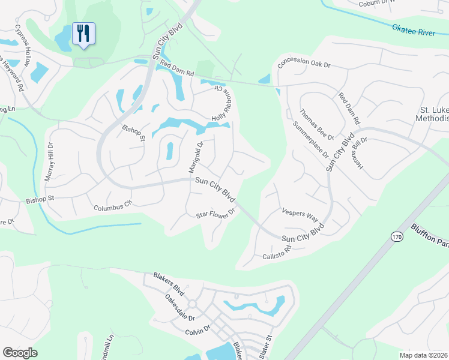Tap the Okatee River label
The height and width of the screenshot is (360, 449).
(412, 31)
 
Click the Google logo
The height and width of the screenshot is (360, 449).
(20, 353)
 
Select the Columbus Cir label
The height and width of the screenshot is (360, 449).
(112, 206)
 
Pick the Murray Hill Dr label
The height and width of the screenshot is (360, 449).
(49, 162)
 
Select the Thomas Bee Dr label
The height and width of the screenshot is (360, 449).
(312, 121)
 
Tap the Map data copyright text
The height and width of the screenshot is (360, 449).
(423, 355)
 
